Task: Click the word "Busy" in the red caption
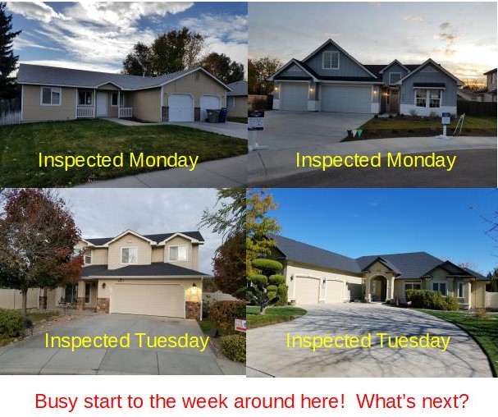click(x=56, y=401)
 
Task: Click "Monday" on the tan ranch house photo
click(x=164, y=161)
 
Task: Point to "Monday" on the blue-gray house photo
click(x=422, y=161)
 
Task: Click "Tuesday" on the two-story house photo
click(x=172, y=341)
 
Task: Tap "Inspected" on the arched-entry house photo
click(x=328, y=341)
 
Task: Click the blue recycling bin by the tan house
click(x=223, y=115)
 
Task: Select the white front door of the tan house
click(x=102, y=103)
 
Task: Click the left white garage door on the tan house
click(x=180, y=108)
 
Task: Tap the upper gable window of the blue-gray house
click(x=331, y=60)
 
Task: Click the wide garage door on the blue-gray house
click(x=346, y=99)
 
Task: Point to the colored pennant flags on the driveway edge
click(x=354, y=133)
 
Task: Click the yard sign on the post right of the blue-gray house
click(x=445, y=120)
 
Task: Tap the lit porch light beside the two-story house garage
click(x=194, y=286)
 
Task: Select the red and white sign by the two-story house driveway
click(x=240, y=325)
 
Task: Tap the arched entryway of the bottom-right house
click(x=379, y=287)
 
